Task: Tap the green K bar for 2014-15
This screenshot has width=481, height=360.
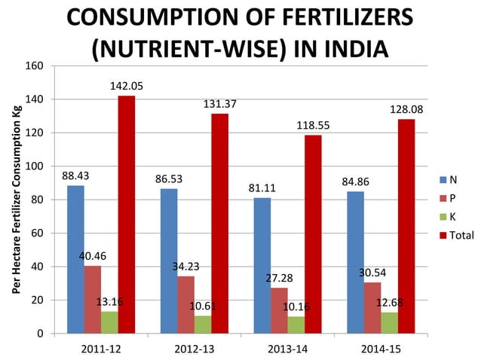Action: click(x=389, y=322)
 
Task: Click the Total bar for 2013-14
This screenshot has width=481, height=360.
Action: click(x=313, y=234)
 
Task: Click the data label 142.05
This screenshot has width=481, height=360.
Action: click(x=127, y=87)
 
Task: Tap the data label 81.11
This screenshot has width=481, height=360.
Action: click(x=262, y=188)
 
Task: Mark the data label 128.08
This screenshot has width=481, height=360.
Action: click(x=407, y=110)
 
